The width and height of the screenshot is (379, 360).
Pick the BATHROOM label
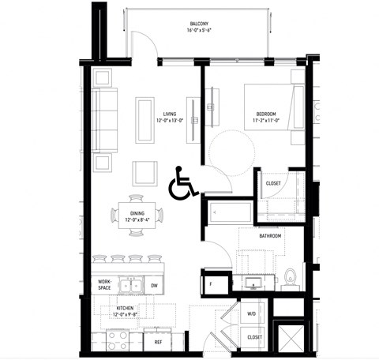[x=270, y=235]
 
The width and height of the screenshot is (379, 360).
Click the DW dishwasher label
[x=155, y=286]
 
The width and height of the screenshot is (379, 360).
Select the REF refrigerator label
[x=158, y=342]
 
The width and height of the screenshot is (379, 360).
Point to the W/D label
[x=251, y=313]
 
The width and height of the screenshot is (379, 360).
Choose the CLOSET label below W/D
[x=254, y=336]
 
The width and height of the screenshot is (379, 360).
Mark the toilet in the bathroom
[x=290, y=278]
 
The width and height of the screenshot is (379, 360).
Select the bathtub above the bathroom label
[x=231, y=213]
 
